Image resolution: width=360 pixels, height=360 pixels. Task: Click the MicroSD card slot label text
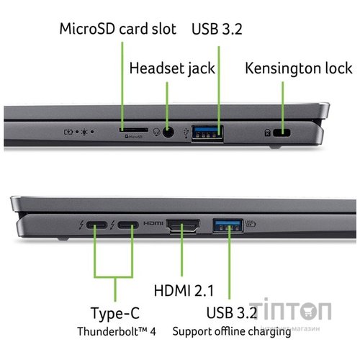118,30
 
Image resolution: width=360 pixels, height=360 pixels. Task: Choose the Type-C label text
114,314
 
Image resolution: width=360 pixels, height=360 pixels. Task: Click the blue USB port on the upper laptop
207,132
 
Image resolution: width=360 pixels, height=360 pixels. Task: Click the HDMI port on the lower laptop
184,228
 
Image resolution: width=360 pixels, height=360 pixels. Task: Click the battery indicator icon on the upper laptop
70,132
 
